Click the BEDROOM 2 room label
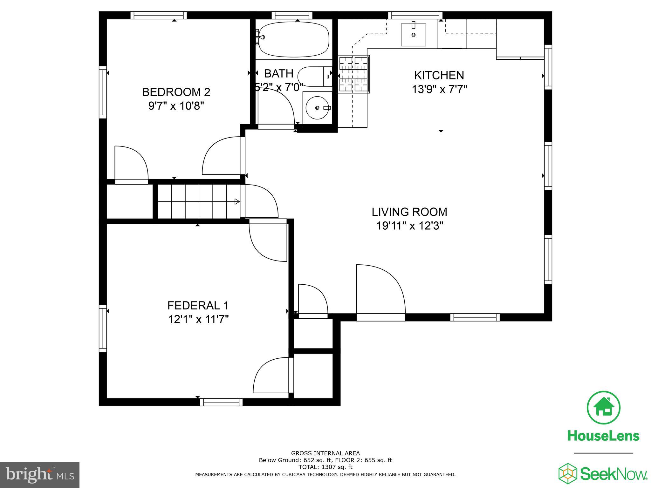click(x=176, y=92)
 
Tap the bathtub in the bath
click(x=293, y=39)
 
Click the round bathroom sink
click(x=317, y=108)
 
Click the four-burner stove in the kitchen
click(x=353, y=74)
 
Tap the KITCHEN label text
click(x=439, y=75)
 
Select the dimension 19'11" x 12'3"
click(x=409, y=226)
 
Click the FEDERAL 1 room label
click(x=198, y=305)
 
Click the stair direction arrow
click(x=237, y=201)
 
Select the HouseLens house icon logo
click(x=603, y=408)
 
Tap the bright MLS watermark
click(x=39, y=475)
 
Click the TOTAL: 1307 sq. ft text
click(x=325, y=467)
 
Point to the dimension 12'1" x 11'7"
click(x=198, y=319)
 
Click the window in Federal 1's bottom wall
click(x=221, y=402)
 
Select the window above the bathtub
click(x=292, y=15)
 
